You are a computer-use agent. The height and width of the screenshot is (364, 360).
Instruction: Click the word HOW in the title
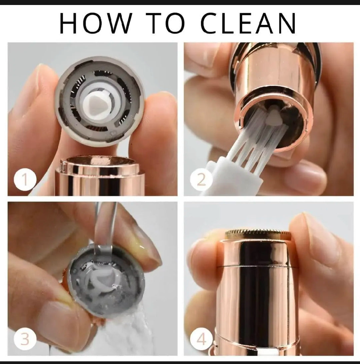(96, 23)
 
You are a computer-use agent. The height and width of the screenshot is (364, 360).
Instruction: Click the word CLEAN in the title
(248, 23)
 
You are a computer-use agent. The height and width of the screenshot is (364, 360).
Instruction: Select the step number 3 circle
(25, 339)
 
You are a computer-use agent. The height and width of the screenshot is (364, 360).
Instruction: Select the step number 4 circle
(201, 339)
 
